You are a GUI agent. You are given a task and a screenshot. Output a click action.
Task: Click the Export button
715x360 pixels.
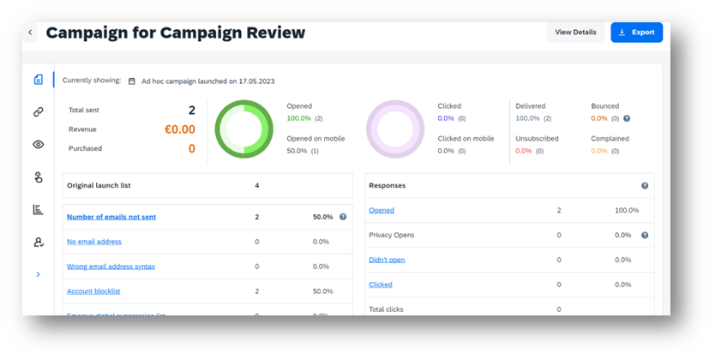[636, 33]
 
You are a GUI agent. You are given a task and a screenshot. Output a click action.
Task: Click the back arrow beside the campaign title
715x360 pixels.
[31, 33]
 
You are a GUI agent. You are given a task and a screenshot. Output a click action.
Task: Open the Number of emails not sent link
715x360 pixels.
[111, 217]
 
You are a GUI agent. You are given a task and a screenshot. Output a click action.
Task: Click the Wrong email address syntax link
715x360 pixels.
[111, 267]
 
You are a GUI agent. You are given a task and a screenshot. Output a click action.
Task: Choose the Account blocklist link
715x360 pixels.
[94, 291]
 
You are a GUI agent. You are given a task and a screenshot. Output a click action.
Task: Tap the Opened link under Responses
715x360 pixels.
[382, 210]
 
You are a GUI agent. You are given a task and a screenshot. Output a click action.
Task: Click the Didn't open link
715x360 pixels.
[387, 260]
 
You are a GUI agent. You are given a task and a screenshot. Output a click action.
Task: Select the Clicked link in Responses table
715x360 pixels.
[381, 285]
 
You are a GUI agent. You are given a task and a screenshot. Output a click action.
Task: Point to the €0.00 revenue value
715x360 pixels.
[179, 129]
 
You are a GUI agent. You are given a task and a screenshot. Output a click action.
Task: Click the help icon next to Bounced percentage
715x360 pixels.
[627, 118]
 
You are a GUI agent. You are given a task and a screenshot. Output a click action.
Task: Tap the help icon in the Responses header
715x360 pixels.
[645, 185]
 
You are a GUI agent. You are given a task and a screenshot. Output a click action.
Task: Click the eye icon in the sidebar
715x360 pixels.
[39, 144]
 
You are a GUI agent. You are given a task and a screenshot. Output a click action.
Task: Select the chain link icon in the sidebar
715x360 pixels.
[39, 111]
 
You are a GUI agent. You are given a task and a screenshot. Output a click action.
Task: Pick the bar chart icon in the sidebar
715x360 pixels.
[39, 209]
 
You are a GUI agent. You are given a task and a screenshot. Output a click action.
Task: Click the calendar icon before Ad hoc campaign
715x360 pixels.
[132, 81]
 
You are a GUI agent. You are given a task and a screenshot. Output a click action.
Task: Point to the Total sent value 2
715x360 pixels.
[191, 110]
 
